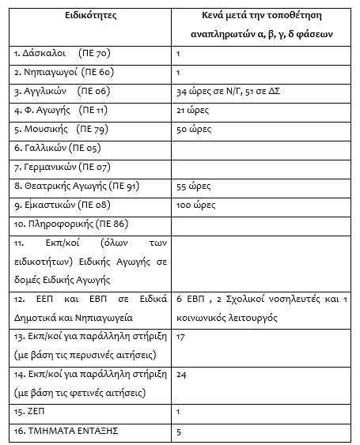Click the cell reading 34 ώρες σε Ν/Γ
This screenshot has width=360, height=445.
point(210,91)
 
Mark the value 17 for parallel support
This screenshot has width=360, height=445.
point(181,336)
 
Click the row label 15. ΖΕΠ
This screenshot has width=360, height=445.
point(31,412)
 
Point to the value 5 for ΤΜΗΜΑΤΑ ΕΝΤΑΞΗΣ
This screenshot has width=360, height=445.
point(180,431)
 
